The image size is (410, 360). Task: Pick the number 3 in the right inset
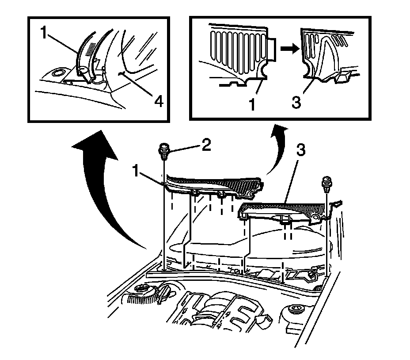[x=297, y=101]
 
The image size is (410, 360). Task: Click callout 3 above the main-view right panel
[x=300, y=151]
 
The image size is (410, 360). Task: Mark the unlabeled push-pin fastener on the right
[x=327, y=184]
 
